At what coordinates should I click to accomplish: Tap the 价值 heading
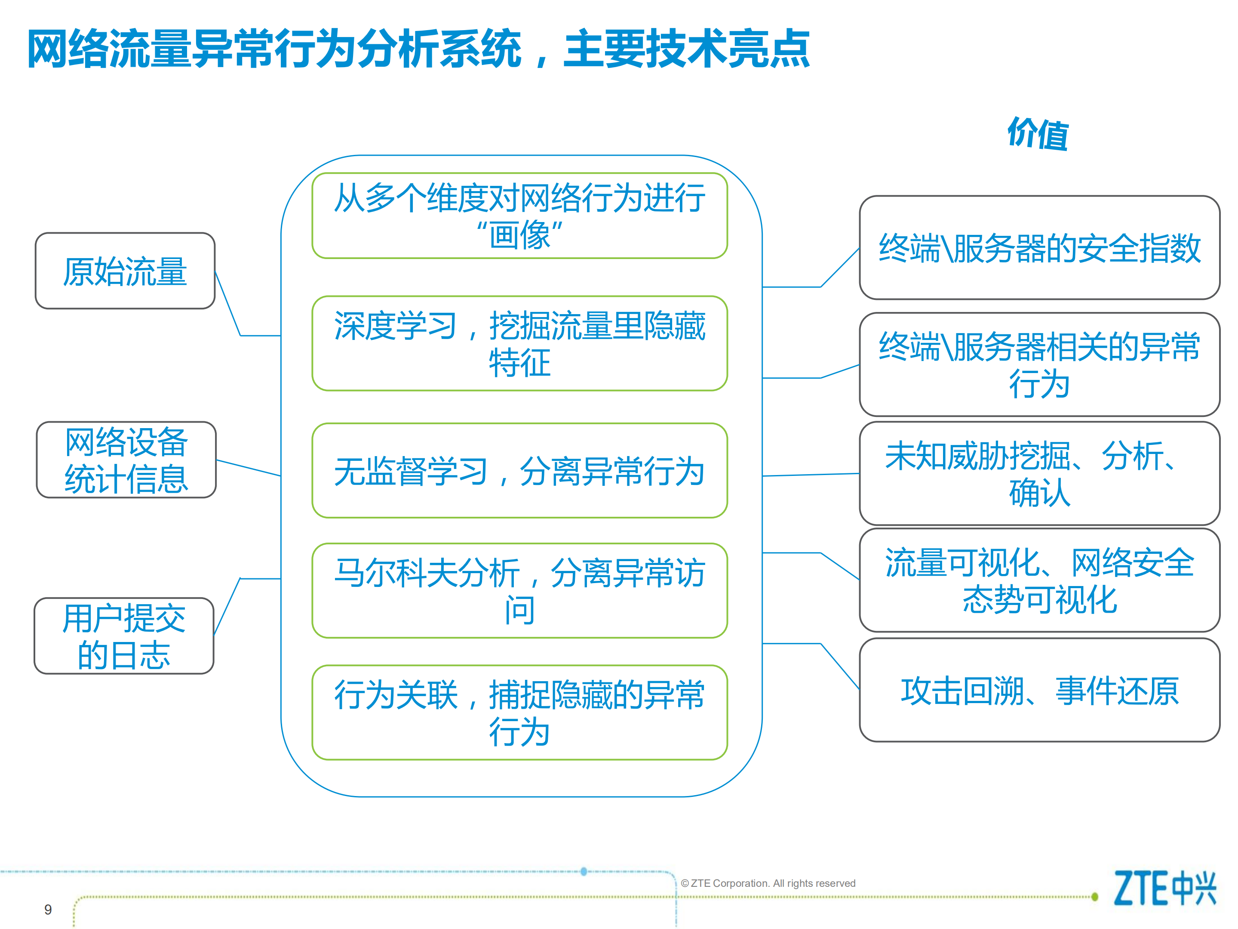click(x=1038, y=134)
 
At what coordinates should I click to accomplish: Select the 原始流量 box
click(x=125, y=271)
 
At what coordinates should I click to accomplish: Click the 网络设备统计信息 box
click(x=126, y=460)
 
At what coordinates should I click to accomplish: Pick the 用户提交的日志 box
click(x=124, y=636)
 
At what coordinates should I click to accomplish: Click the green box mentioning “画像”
click(x=519, y=216)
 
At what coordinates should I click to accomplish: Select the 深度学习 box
click(x=519, y=343)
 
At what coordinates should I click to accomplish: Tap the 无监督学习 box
click(x=519, y=470)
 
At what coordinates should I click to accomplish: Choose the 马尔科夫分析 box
click(x=519, y=591)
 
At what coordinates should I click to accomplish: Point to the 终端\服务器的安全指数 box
click(x=1039, y=247)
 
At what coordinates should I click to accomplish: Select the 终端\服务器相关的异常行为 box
click(x=1039, y=364)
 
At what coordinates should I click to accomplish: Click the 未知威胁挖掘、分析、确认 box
click(x=1039, y=474)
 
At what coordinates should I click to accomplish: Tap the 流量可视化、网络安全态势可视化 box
click(x=1039, y=580)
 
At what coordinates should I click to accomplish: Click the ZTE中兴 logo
click(x=1164, y=888)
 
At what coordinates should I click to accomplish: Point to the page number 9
click(x=48, y=909)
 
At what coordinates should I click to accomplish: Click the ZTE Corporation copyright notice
click(x=768, y=883)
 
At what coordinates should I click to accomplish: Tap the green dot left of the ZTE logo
click(x=1095, y=897)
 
